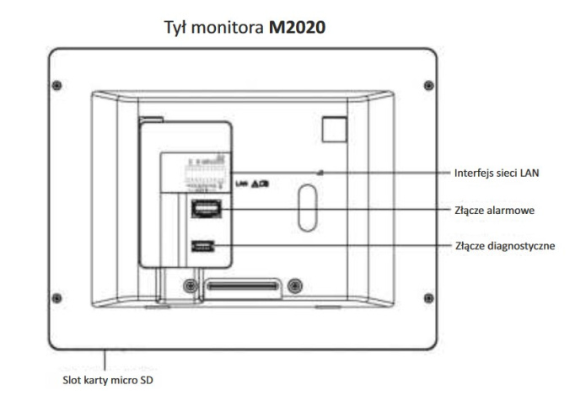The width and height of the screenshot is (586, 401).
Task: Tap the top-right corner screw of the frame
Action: pos(428,85)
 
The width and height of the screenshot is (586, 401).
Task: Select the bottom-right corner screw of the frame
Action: pos(428,296)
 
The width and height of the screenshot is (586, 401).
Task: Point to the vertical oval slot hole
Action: pos(306,205)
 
